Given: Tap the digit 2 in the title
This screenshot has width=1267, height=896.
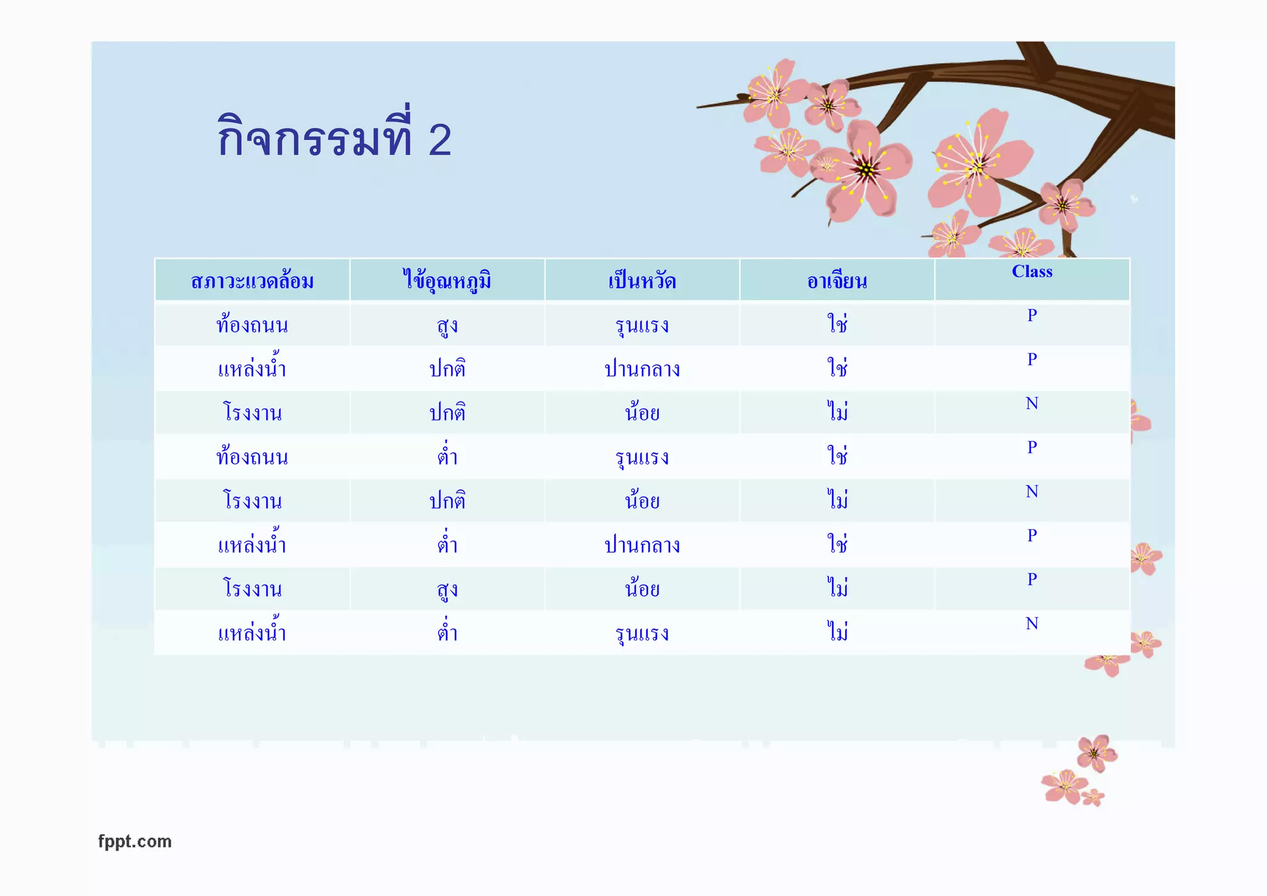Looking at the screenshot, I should [440, 140].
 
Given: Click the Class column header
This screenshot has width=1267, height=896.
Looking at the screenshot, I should [1032, 272].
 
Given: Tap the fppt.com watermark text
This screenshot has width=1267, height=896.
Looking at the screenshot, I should [135, 842].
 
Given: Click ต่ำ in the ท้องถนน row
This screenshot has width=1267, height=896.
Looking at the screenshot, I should [447, 457].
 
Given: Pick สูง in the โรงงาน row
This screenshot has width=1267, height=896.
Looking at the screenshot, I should [447, 588].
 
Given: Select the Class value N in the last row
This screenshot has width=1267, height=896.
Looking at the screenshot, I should [1032, 624].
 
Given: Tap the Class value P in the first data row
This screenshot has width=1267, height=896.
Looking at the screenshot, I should [1032, 316].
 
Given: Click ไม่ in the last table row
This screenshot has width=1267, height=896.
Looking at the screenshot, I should [838, 632].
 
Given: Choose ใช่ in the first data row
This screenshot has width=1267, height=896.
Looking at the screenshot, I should [838, 324].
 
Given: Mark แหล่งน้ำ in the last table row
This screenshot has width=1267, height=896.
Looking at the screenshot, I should [252, 632].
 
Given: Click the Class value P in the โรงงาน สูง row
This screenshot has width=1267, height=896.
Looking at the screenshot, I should [1032, 580].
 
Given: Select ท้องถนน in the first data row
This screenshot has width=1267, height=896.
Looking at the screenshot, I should [252, 325].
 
